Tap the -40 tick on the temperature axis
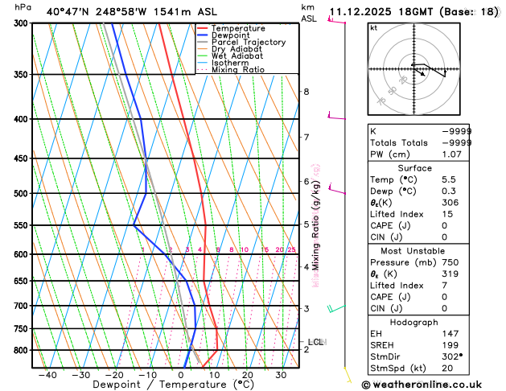click(47, 374)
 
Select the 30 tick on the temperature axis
click(281, 374)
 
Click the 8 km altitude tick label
click(306, 92)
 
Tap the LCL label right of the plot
click(316, 342)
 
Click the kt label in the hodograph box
click(373, 27)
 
